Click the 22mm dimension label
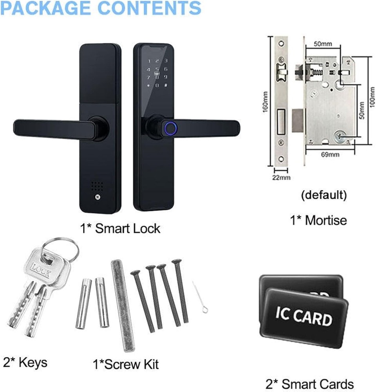[280, 177]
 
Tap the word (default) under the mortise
[324, 194]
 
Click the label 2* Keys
[25, 362]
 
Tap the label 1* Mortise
[318, 220]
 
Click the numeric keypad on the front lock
[157, 73]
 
